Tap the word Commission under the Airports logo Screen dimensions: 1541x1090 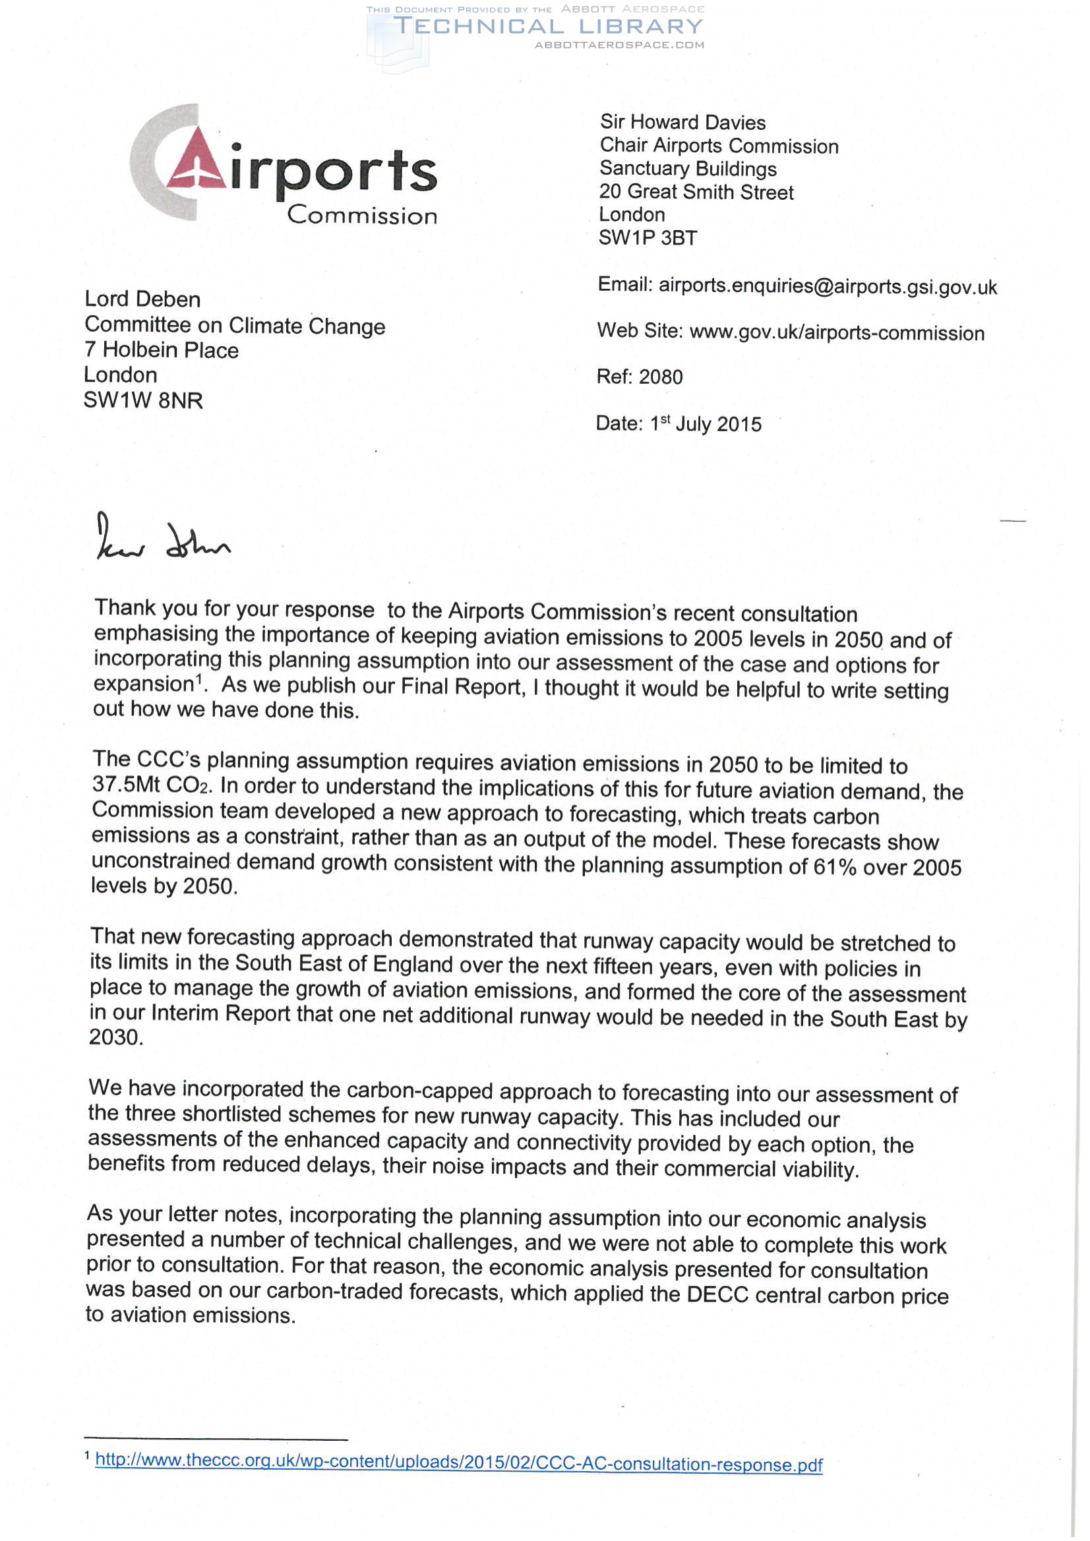[x=362, y=216]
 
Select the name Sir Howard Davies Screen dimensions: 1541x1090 [x=682, y=122]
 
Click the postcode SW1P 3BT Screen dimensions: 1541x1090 [x=648, y=237]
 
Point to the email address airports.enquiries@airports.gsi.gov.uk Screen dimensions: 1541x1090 [x=828, y=287]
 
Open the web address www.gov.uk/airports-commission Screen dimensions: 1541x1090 [x=836, y=333]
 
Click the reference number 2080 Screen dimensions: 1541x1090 [x=661, y=377]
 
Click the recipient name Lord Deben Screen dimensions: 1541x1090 [x=142, y=299]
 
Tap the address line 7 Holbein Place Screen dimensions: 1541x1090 [x=161, y=350]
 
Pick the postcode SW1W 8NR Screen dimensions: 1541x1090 [x=143, y=401]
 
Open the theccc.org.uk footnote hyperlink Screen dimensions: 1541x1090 [x=458, y=1463]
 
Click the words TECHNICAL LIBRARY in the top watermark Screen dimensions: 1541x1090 [x=548, y=27]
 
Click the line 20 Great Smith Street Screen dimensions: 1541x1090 [x=696, y=192]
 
